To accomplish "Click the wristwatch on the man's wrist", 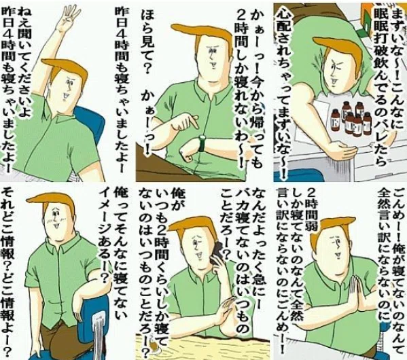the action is coord(202,143).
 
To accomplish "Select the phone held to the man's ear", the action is coord(217,254).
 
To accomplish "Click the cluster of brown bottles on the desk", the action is coord(351,118).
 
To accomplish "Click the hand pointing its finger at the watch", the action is coord(183,124).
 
